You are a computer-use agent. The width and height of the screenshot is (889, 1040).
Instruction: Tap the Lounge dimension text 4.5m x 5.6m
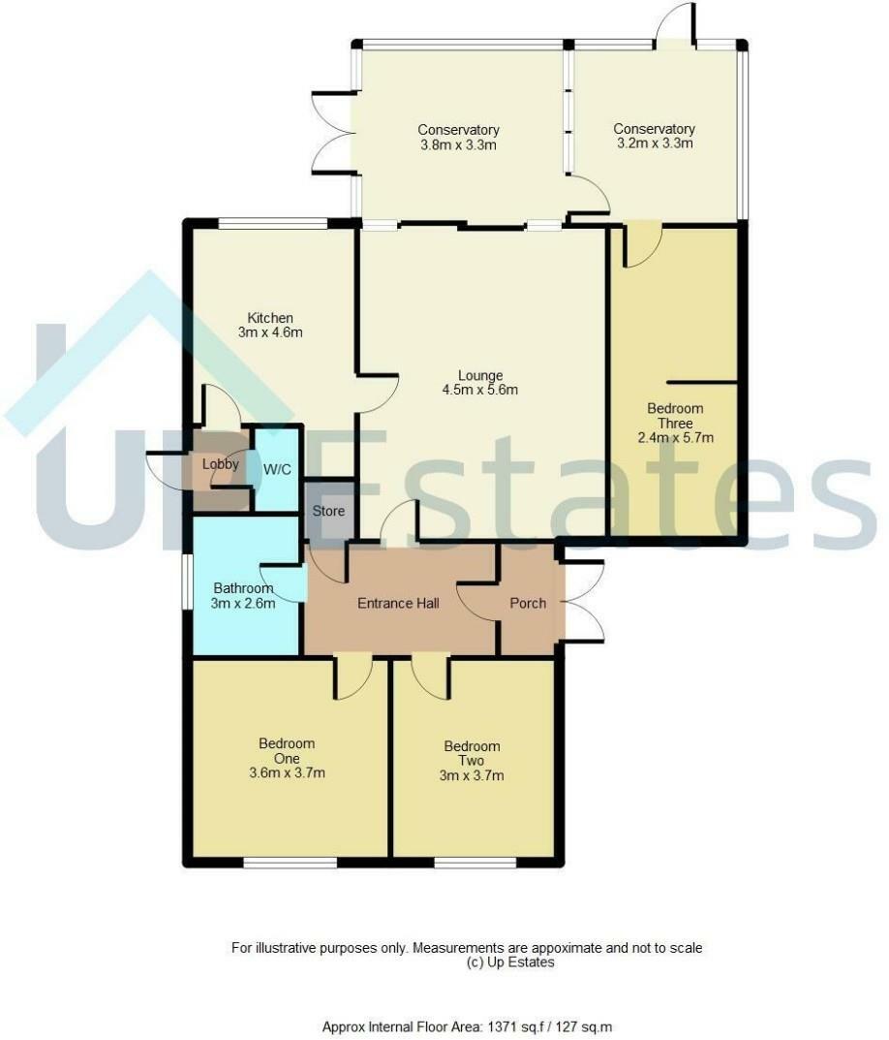pos(481,392)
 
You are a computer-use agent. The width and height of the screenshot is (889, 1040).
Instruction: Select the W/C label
pos(277,468)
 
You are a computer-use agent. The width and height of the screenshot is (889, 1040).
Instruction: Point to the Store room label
pos(327,511)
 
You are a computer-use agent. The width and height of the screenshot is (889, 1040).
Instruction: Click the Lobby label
pos(221,464)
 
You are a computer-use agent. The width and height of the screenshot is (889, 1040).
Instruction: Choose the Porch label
pos(528,603)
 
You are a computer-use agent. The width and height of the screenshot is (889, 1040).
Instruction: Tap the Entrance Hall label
pos(398,603)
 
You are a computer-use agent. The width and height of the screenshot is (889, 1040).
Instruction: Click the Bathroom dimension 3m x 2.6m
pos(244,603)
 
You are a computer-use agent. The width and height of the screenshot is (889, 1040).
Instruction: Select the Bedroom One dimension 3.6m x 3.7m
pos(286,773)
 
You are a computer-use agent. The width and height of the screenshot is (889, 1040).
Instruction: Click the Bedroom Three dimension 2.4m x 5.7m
pos(675,437)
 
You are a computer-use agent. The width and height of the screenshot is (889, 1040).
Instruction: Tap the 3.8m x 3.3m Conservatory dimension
pos(458,145)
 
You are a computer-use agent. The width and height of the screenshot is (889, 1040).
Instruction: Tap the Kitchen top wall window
pos(272,224)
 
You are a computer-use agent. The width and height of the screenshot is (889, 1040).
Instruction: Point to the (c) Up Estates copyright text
pos(510,962)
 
